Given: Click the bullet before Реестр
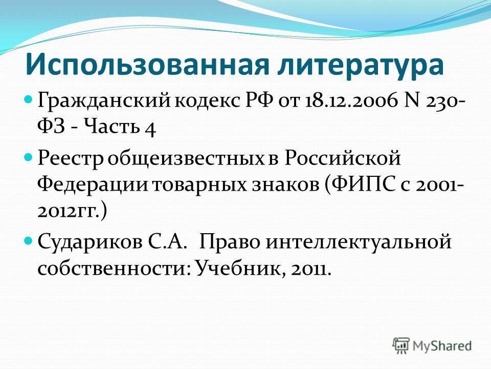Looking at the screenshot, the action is [x=28, y=156].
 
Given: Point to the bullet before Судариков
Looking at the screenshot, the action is [x=28, y=240].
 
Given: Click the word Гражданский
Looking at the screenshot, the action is [x=104, y=101].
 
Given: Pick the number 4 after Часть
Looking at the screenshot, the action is [x=150, y=129].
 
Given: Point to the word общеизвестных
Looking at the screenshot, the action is [x=186, y=158].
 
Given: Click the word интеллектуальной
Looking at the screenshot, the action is [x=359, y=242].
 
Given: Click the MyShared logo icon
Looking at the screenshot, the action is [x=401, y=346].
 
